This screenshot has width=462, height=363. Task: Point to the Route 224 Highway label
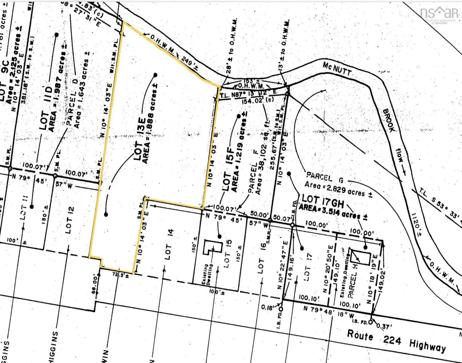click(396, 341)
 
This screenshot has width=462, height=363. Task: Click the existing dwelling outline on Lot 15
click(211, 247)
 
